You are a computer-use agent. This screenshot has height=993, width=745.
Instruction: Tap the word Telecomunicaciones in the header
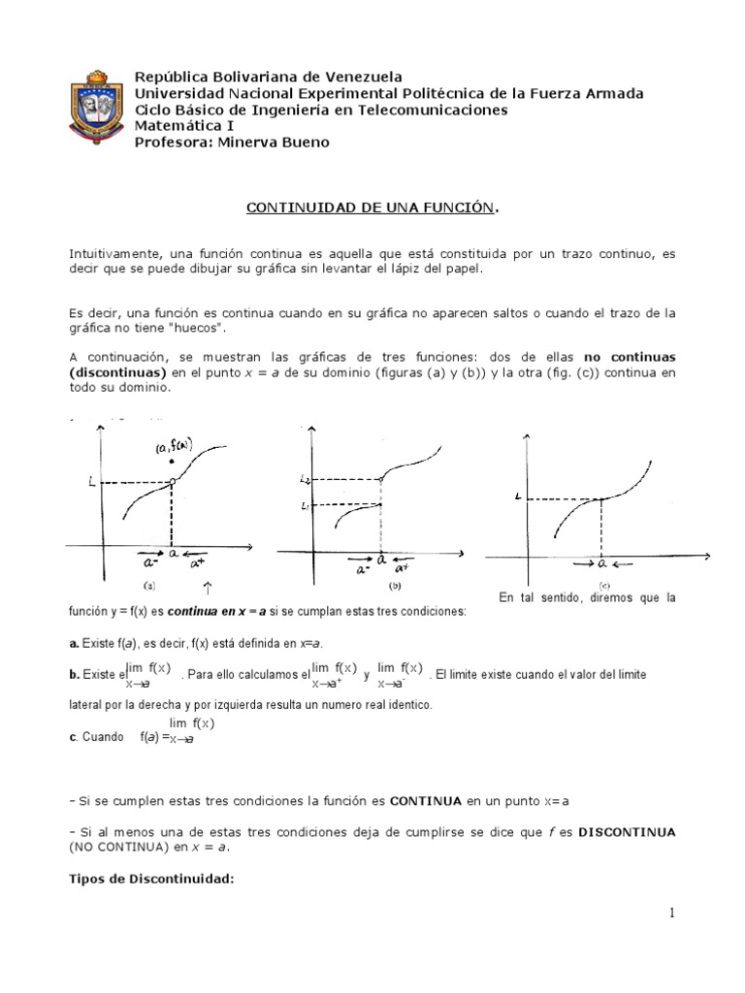pos(428,110)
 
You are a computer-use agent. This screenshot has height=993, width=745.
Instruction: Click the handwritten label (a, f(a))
pos(174,447)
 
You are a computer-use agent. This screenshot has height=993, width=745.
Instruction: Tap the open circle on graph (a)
pos(172,480)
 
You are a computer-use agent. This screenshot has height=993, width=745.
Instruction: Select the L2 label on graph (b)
pos(307,480)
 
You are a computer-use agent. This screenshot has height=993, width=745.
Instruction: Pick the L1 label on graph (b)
pos(307,504)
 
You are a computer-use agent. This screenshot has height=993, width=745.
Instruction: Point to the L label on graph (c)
pos(519,496)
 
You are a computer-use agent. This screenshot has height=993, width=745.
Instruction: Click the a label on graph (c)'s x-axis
pos(601,562)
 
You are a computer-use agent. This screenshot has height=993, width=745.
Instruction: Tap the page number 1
pos(670,913)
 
